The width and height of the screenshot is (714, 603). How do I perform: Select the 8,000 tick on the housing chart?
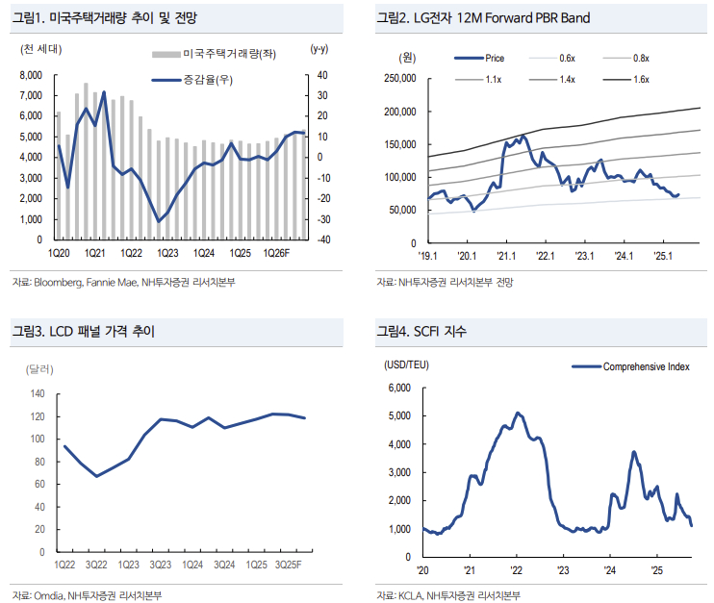tap(31, 74)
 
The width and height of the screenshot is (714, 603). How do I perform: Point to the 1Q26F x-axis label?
tap(276, 253)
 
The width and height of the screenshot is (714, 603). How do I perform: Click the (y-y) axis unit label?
tap(319, 48)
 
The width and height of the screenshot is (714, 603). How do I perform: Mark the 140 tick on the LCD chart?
tap(38, 394)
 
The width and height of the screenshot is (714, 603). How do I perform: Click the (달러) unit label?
tap(40, 368)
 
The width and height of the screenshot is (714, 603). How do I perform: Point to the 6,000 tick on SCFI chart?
tap(398, 389)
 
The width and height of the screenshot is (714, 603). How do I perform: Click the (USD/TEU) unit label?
tap(408, 365)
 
